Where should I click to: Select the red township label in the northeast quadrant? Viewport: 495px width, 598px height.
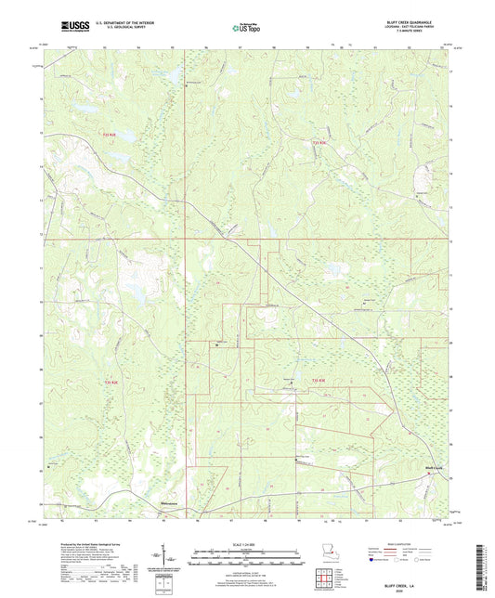coord(319,142)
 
